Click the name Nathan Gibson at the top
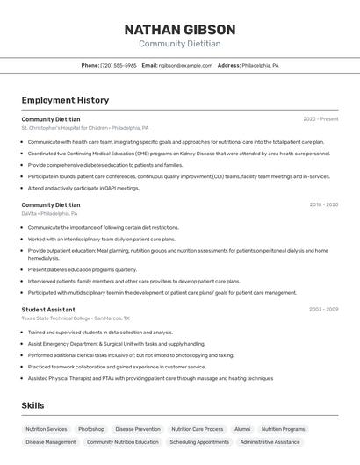click(179, 30)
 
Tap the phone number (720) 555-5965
click(118, 65)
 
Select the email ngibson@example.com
click(185, 65)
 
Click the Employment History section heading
click(65, 100)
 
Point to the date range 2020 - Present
click(320, 118)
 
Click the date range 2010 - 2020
click(323, 204)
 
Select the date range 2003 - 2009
click(323, 309)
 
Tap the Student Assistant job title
click(48, 309)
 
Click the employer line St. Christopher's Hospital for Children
click(85, 127)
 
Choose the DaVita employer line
click(49, 213)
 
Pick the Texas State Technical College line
click(76, 318)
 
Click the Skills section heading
click(32, 405)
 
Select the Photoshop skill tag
click(91, 429)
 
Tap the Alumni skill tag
click(242, 429)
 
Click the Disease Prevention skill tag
click(138, 429)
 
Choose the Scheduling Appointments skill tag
click(199, 442)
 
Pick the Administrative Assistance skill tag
click(270, 442)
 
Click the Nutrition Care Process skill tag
click(197, 429)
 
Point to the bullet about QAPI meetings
click(83, 188)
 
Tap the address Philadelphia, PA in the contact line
click(261, 65)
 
